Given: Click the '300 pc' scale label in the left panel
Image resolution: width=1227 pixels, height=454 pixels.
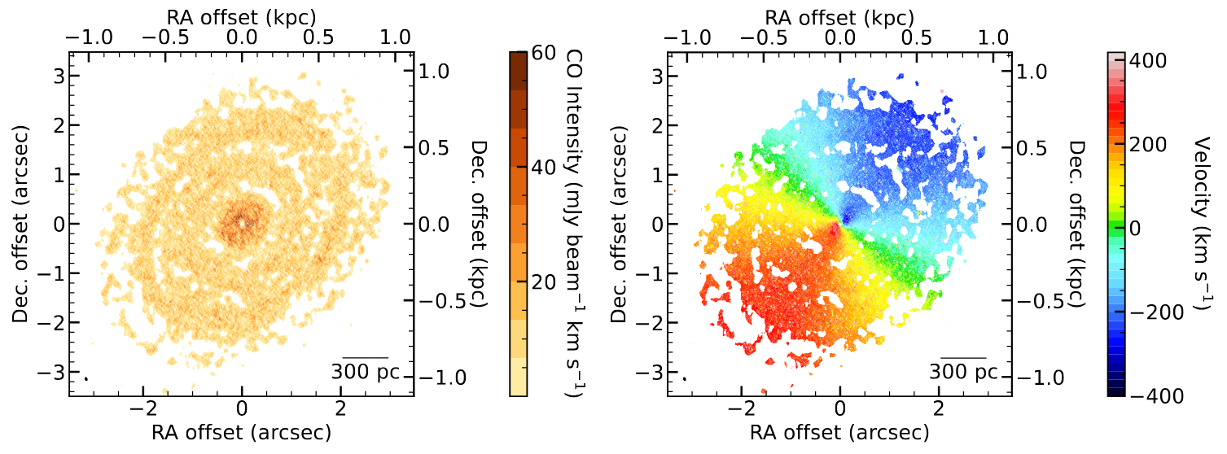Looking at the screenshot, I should point(365,371).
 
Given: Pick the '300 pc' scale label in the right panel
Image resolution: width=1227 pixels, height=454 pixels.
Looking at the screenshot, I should point(963,371).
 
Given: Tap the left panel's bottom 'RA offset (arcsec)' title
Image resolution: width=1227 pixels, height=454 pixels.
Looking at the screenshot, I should point(242,430).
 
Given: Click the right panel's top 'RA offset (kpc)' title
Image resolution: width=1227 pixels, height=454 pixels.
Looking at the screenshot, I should point(839,15).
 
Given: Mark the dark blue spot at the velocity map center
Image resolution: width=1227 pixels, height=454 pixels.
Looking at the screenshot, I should point(846,217).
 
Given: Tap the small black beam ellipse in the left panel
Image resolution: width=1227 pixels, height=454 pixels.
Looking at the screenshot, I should point(85,378).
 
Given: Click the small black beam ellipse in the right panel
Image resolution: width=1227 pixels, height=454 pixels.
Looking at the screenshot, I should point(684,378).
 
